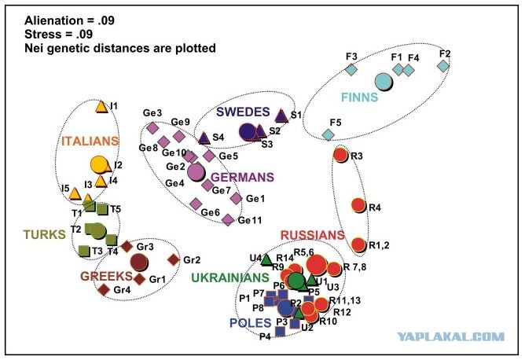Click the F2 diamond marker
(x=443, y=66)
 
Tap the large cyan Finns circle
(x=384, y=82)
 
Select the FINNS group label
(x=359, y=97)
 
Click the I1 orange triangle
(x=101, y=107)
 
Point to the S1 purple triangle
(x=281, y=116)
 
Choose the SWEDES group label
(x=243, y=112)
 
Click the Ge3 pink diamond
(x=152, y=128)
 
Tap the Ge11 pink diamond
(x=229, y=219)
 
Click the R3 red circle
(x=341, y=155)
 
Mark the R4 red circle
(x=358, y=205)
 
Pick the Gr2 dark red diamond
(x=174, y=260)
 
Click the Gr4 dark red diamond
(x=104, y=290)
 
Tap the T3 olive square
(x=84, y=251)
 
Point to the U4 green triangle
(x=266, y=259)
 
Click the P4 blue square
(x=281, y=332)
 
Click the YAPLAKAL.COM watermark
(x=451, y=336)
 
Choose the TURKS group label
(x=45, y=234)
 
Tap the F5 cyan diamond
(x=329, y=134)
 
